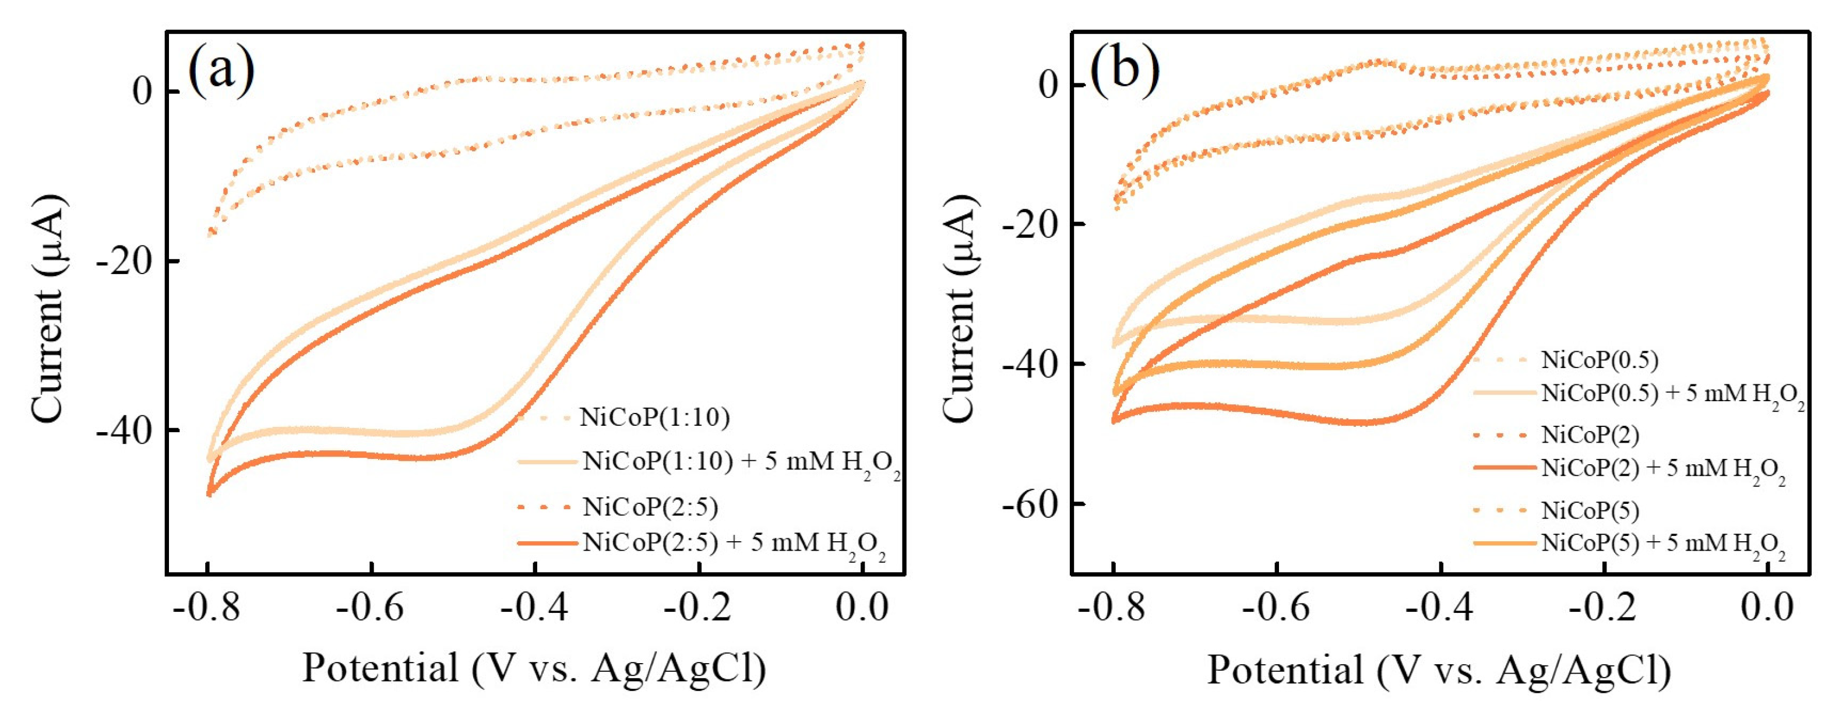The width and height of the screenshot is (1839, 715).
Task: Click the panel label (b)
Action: click(x=1125, y=70)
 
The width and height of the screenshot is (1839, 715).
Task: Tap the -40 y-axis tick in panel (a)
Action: click(x=124, y=432)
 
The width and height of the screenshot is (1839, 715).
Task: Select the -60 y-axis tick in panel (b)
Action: click(x=1030, y=505)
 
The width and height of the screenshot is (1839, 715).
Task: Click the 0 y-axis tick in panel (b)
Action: click(x=1048, y=86)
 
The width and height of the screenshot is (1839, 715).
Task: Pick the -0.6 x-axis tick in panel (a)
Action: click(x=370, y=608)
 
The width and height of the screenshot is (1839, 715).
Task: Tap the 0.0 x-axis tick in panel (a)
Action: click(x=862, y=608)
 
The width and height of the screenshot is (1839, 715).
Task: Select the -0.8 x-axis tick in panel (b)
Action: click(x=1112, y=608)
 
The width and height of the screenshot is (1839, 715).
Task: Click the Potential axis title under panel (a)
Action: click(x=534, y=668)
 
